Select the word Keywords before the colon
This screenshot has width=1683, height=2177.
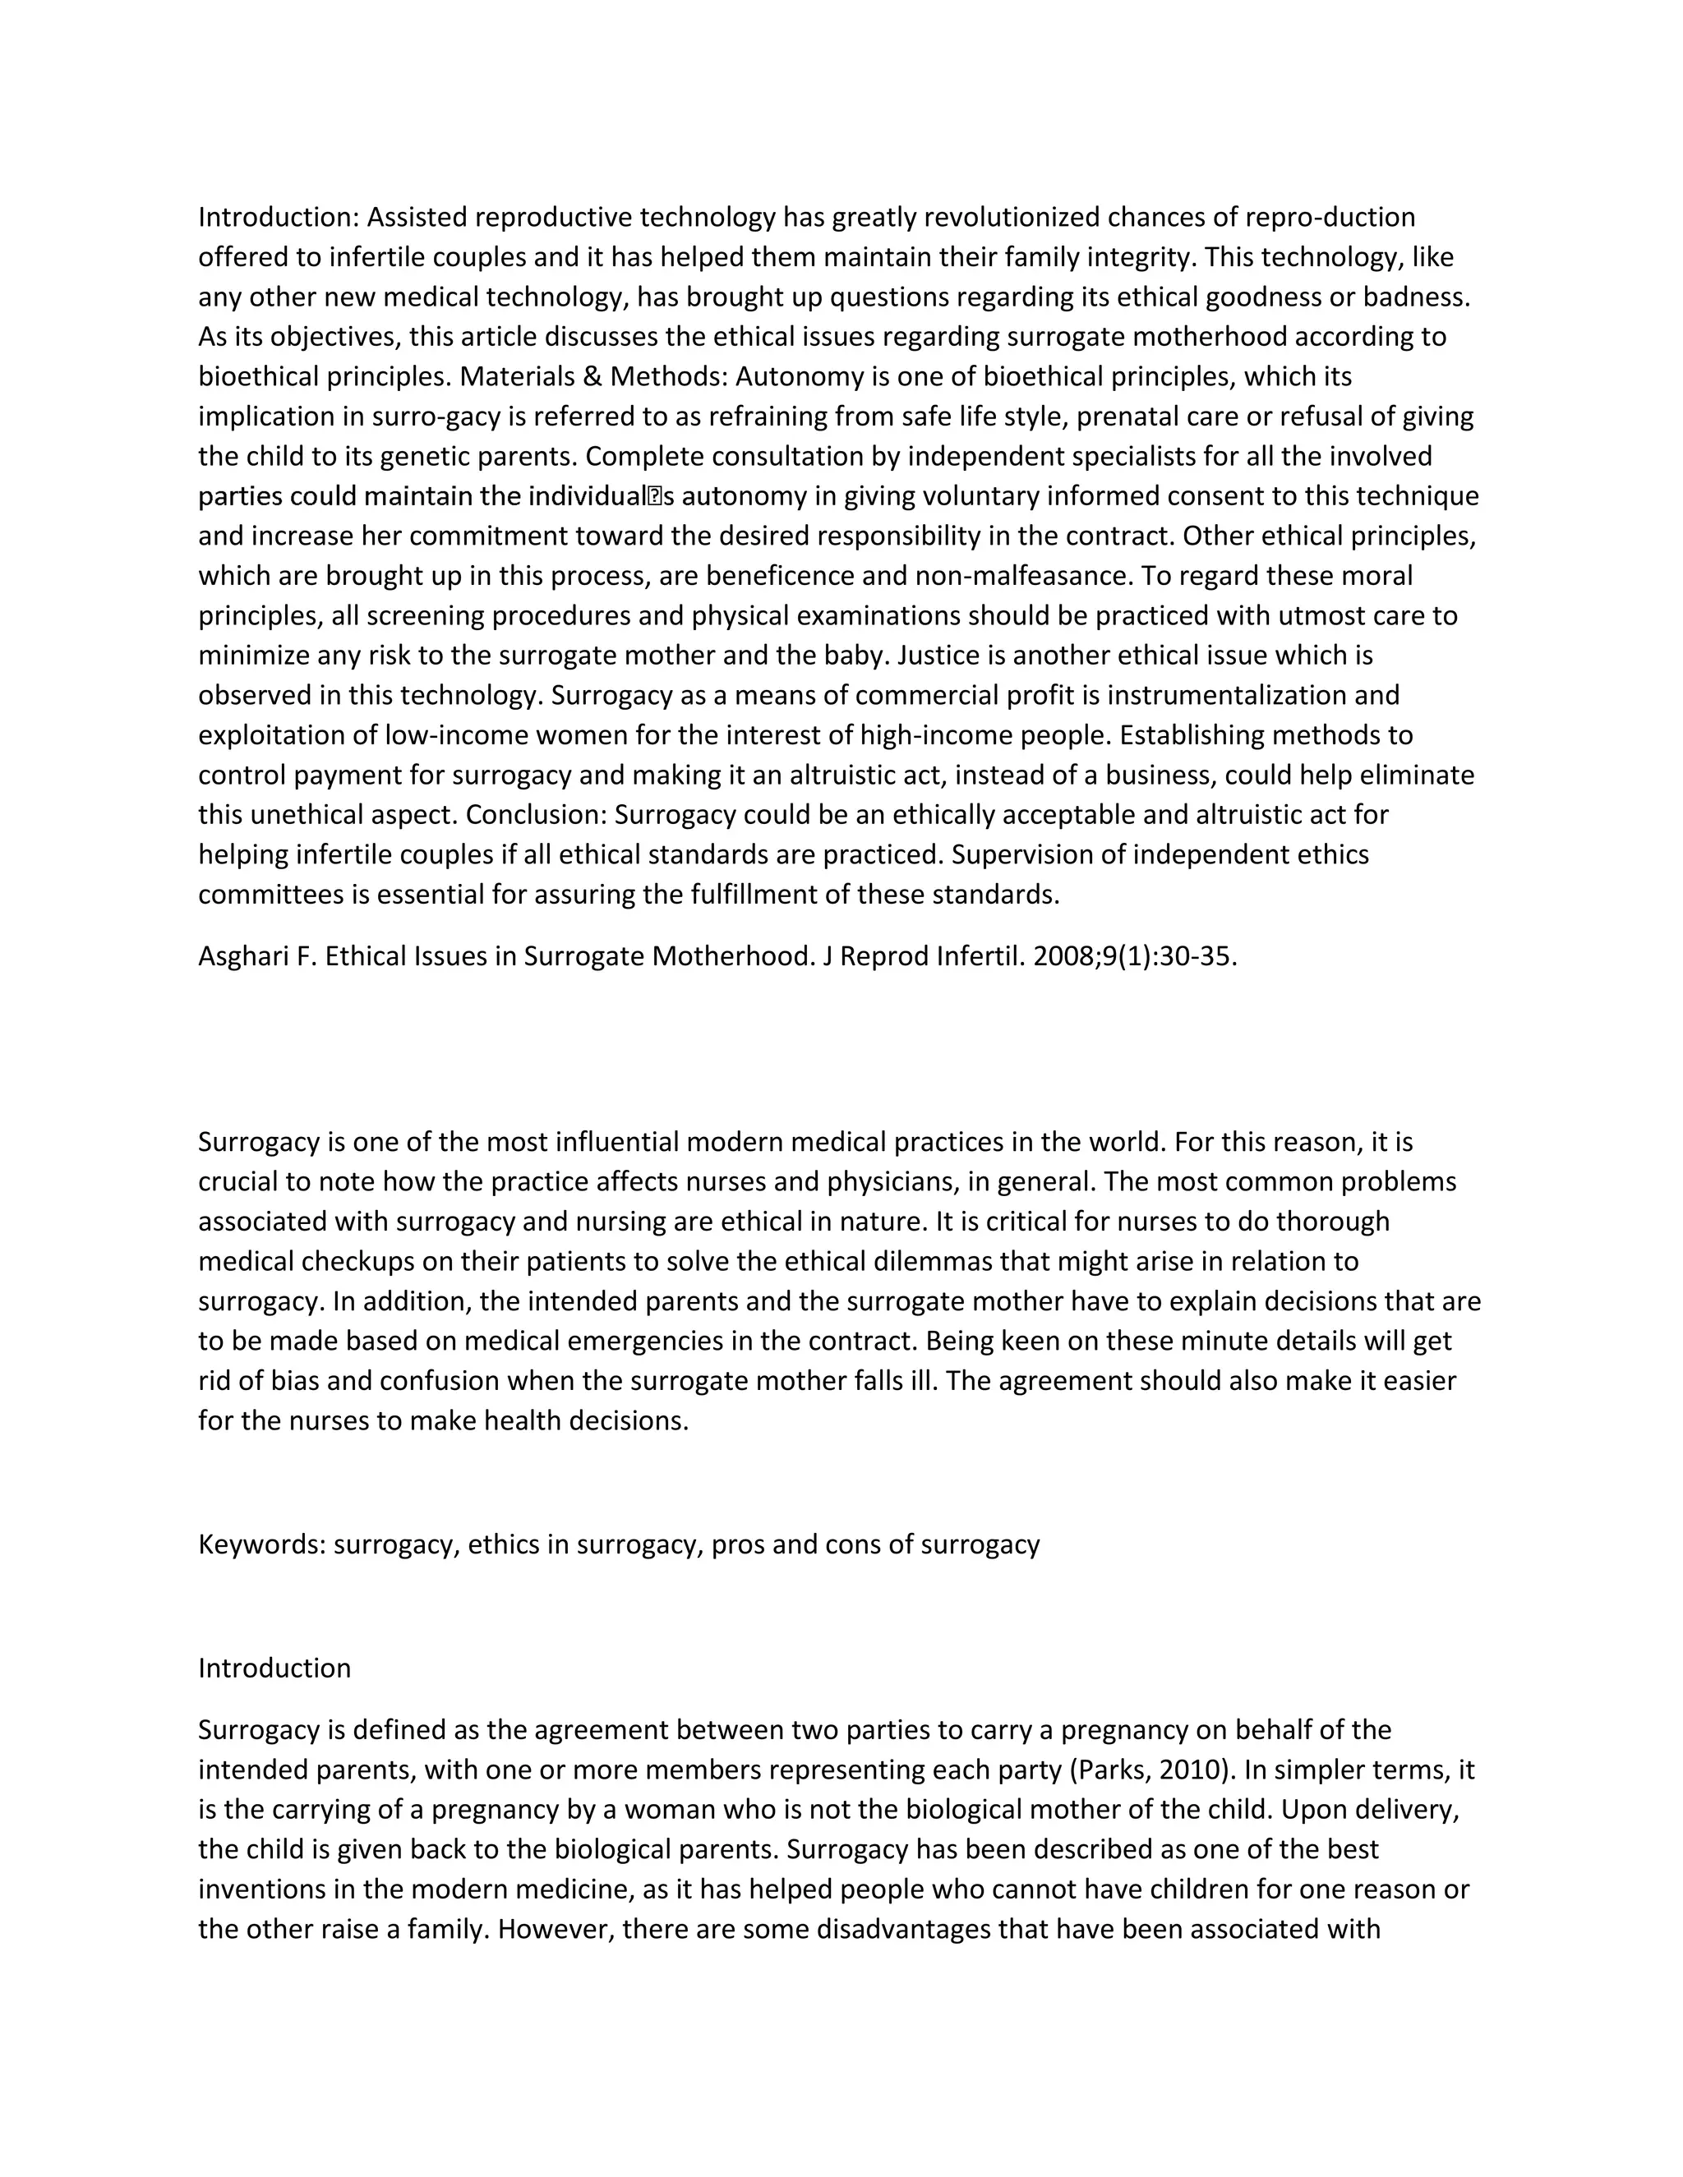pyautogui.click(x=261, y=1544)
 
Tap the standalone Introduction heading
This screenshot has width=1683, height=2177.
pyautogui.click(x=274, y=1668)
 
